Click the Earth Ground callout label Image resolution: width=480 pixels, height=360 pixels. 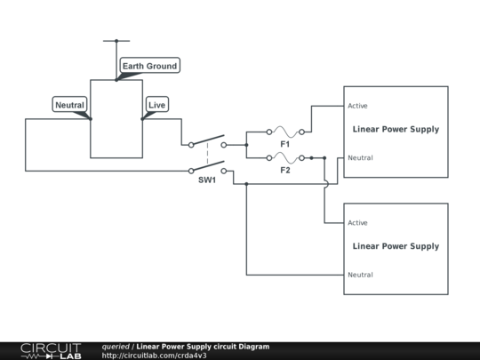(149, 66)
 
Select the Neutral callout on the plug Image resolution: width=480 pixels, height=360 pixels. (69, 105)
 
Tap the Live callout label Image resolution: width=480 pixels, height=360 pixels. (156, 105)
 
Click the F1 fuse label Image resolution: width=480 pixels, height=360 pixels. (285, 143)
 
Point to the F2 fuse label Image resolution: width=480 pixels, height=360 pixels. (285, 169)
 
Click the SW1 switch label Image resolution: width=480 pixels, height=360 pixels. (207, 180)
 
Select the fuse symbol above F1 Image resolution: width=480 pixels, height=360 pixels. (285, 132)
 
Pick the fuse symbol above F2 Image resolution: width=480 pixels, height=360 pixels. (285, 157)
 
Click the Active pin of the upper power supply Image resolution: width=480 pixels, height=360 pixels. (358, 106)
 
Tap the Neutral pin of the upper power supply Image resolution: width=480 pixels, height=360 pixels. (360, 158)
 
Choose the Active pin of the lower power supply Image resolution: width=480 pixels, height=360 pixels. (358, 222)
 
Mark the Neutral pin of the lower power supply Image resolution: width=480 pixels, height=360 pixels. (360, 275)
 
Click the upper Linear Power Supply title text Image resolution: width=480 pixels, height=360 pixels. (396, 130)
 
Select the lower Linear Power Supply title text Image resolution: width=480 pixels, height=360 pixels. (396, 246)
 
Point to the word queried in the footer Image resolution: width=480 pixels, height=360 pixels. (116, 346)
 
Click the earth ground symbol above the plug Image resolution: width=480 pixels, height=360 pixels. (116, 41)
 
